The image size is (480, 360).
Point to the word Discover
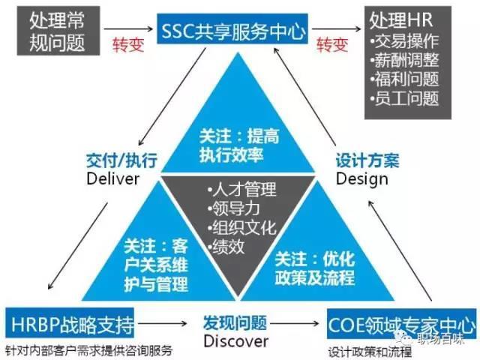(235, 343)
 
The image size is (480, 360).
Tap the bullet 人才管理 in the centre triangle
(241, 188)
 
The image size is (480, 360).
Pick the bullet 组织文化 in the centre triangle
(241, 226)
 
